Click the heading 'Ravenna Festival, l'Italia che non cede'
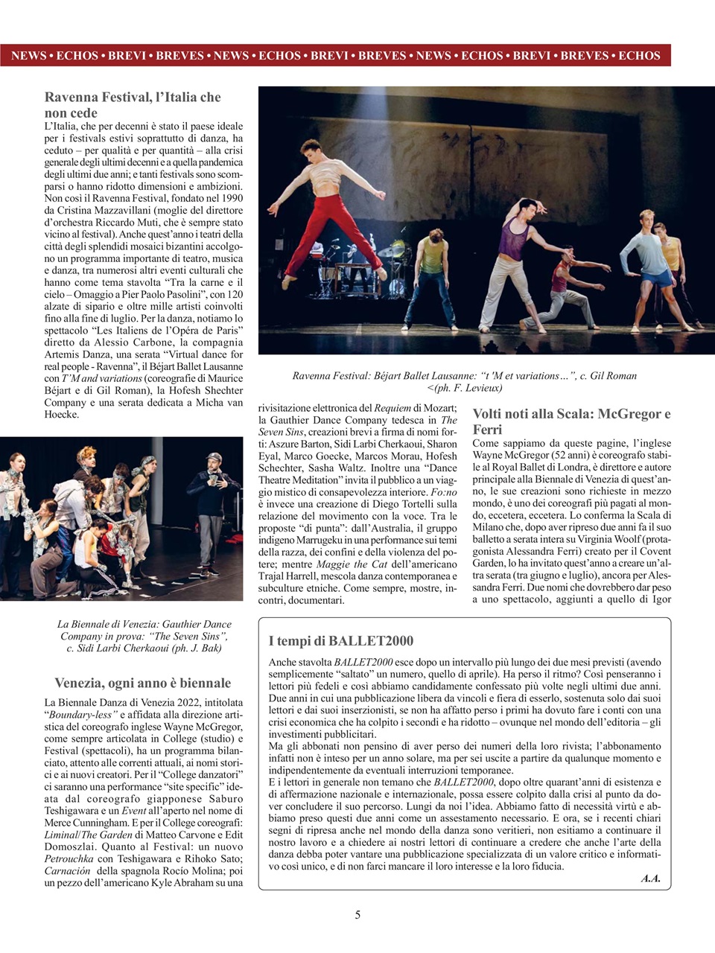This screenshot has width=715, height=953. pos(133,105)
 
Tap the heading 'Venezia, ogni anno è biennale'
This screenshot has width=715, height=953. pos(143,683)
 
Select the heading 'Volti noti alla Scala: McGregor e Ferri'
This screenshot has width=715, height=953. pos(571,421)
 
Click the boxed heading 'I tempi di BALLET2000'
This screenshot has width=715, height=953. pos(340,641)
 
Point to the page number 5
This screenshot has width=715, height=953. pos(357,915)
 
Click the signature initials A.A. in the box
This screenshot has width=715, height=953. pos(650,879)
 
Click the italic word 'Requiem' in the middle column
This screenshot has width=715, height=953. pos(392,407)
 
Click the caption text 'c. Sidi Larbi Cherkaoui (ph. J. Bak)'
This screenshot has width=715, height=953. pos(144,648)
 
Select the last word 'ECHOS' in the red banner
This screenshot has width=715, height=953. pos(639,55)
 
